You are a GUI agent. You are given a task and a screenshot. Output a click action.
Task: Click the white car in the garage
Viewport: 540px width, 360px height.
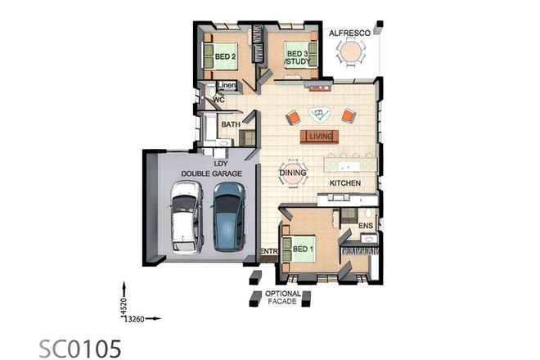(x=186, y=216)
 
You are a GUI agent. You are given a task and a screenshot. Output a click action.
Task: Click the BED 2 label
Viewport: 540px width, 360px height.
(x=225, y=56)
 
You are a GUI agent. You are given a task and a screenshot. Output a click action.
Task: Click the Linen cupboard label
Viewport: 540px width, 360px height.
(x=227, y=86)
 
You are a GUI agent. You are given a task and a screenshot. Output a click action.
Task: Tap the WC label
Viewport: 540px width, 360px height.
(x=218, y=100)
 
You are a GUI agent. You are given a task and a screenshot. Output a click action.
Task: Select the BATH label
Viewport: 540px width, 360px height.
(x=230, y=125)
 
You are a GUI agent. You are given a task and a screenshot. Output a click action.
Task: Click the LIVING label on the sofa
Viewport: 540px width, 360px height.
(x=321, y=137)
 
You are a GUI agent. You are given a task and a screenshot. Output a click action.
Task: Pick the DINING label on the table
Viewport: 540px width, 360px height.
(x=293, y=173)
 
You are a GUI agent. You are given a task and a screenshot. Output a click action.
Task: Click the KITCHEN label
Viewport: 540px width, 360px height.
(x=345, y=183)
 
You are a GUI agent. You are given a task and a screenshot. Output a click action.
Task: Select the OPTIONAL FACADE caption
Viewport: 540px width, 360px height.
(x=282, y=298)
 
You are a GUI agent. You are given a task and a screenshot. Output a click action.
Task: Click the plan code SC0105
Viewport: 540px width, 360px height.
(x=81, y=347)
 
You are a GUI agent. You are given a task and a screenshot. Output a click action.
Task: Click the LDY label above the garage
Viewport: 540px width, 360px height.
(x=219, y=163)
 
